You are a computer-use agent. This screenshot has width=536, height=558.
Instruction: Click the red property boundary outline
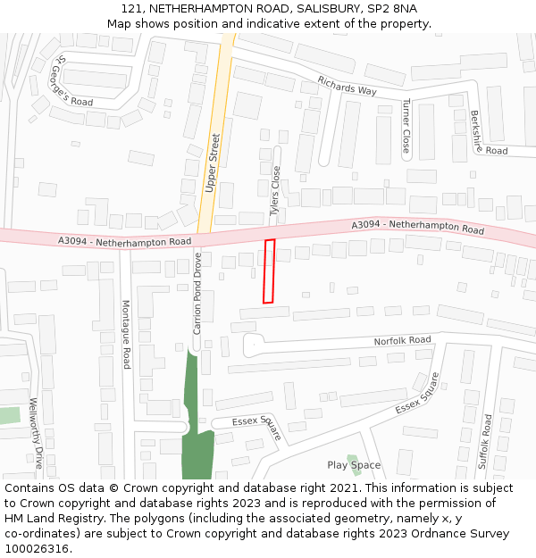pos(269,271)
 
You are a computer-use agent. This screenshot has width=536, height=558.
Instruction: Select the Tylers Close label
pos(276,191)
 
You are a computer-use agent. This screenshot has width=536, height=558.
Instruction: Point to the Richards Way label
pos(348,87)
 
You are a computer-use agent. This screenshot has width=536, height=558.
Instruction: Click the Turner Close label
pos(406,126)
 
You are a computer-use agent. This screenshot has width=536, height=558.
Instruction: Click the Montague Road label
pos(126,334)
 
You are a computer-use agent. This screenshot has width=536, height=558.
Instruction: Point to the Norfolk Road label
pos(402,340)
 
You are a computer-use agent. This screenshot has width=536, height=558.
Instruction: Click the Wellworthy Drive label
pos(36,433)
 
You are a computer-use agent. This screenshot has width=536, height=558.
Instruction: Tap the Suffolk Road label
pos(484,441)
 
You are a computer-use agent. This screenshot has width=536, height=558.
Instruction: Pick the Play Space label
pos(354,465)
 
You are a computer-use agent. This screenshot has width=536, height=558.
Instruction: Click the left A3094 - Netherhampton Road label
pos(125,241)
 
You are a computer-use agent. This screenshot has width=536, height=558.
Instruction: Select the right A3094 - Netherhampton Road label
pos(417,227)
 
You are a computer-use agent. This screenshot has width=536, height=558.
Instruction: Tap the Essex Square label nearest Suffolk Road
pos(418,394)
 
